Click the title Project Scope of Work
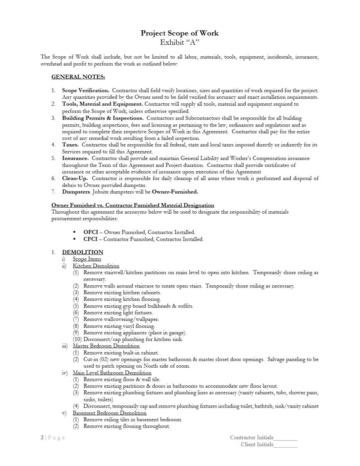pyautogui.click(x=179, y=33)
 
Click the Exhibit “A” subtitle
pyautogui.click(x=179, y=42)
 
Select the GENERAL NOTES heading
pyautogui.click(x=78, y=77)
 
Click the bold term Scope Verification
pyautogui.click(x=86, y=90)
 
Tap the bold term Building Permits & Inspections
pyautogui.click(x=103, y=118)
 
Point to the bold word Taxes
pyautogui.click(x=70, y=145)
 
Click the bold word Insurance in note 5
pyautogui.click(x=75, y=158)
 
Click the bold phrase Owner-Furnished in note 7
pyautogui.click(x=175, y=192)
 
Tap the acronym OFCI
pyautogui.click(x=90, y=232)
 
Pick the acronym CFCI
pyautogui.click(x=90, y=239)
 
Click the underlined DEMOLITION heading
pyautogui.click(x=83, y=252)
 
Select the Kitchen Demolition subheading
pyautogui.click(x=96, y=266)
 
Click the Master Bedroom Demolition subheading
pyautogui.click(x=106, y=346)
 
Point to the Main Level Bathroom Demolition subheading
pyautogui.click(x=112, y=373)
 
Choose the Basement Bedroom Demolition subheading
pyautogui.click(x=109, y=413)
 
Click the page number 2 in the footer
pyautogui.click(x=42, y=438)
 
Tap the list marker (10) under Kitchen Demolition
pyautogui.click(x=77, y=339)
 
